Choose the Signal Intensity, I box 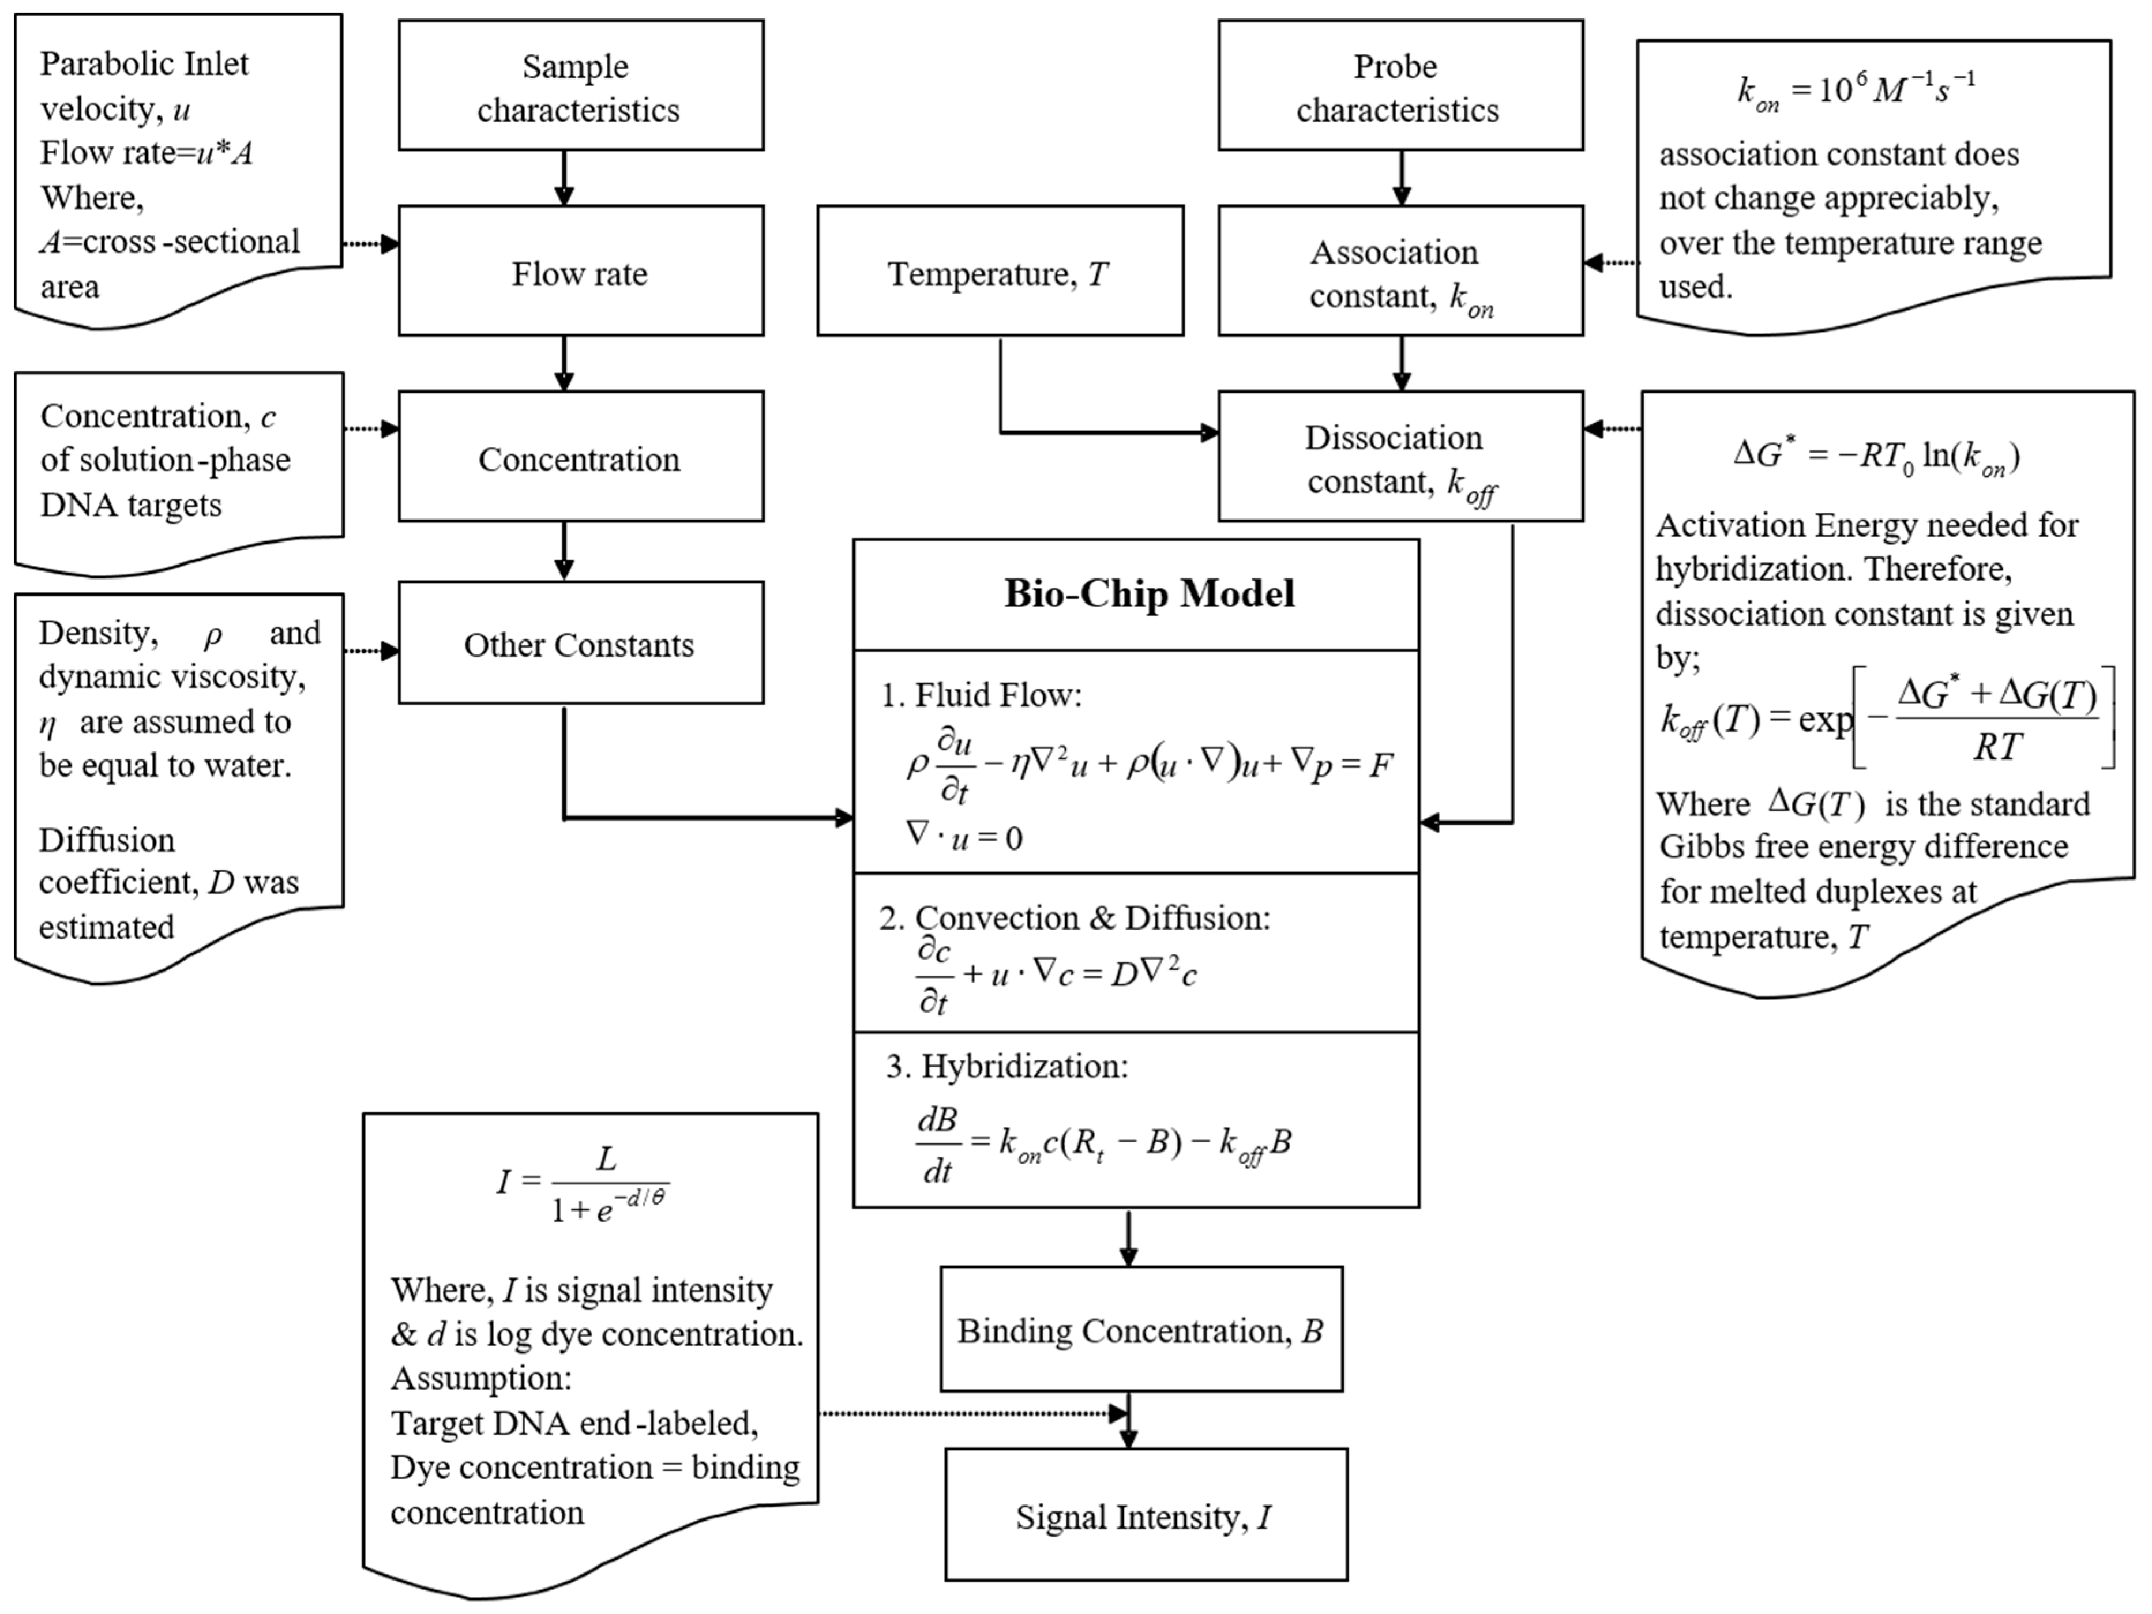(x=1145, y=1515)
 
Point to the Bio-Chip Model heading (x=1149, y=593)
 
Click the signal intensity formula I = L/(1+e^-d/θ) (x=582, y=1185)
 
